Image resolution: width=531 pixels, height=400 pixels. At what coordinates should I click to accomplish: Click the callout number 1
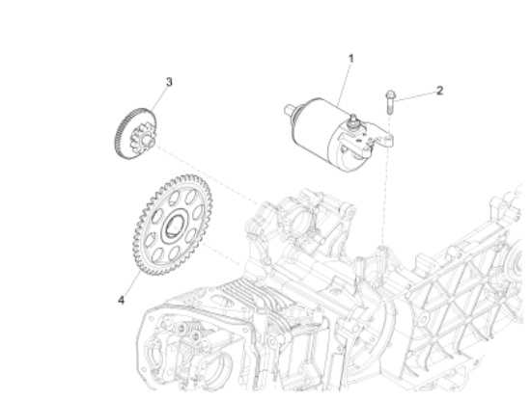(x=350, y=58)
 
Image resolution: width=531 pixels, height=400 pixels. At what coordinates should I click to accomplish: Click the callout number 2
(x=439, y=91)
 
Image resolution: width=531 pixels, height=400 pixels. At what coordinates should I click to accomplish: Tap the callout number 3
(x=170, y=82)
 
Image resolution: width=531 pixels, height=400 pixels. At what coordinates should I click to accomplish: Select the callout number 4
(x=121, y=300)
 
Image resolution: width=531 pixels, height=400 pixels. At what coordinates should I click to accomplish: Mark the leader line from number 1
(x=346, y=82)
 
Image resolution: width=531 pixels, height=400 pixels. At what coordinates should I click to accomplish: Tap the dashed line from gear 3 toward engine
(x=203, y=173)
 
